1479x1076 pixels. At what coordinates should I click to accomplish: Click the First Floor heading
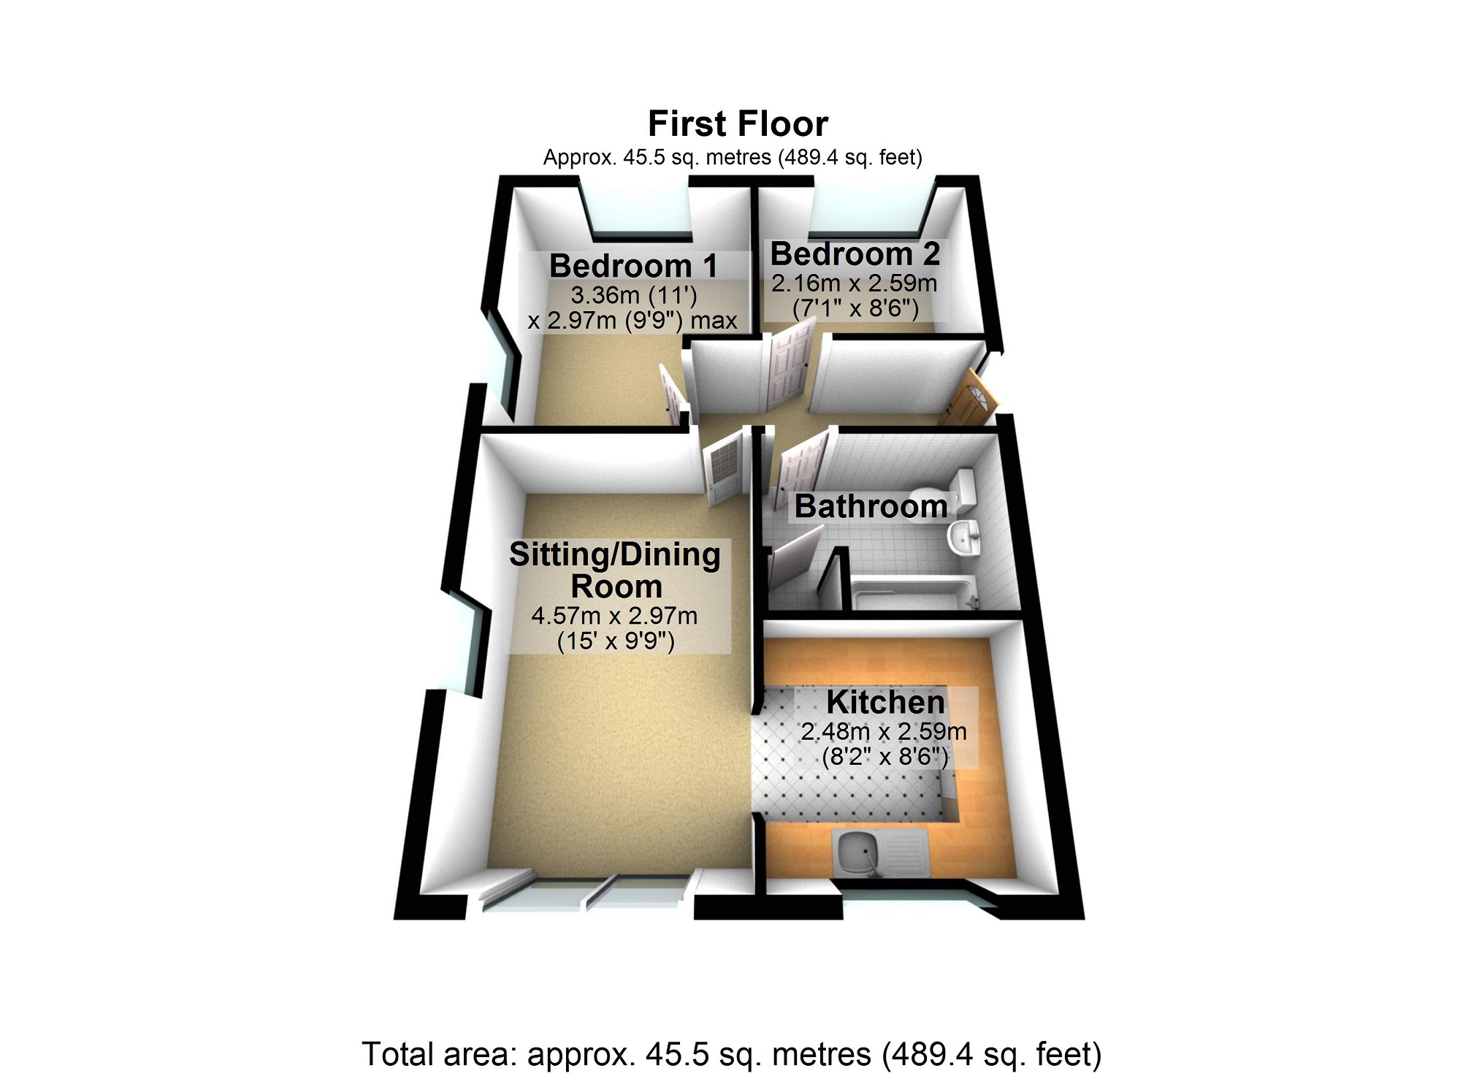tap(738, 124)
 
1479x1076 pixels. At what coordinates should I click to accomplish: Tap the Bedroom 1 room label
tap(633, 266)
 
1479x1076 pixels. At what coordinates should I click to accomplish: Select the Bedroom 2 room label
tap(855, 254)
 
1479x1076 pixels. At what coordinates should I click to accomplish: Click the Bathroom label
tap(871, 506)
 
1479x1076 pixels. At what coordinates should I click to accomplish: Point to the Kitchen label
tap(885, 702)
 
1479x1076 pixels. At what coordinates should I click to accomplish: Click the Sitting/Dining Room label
tap(615, 570)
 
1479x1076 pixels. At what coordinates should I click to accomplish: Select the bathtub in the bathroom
tap(913, 592)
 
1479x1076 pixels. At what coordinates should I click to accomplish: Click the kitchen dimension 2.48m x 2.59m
tap(884, 732)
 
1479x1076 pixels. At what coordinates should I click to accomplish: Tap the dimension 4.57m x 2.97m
tap(614, 616)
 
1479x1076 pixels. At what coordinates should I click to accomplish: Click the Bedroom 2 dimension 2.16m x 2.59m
tap(854, 283)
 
